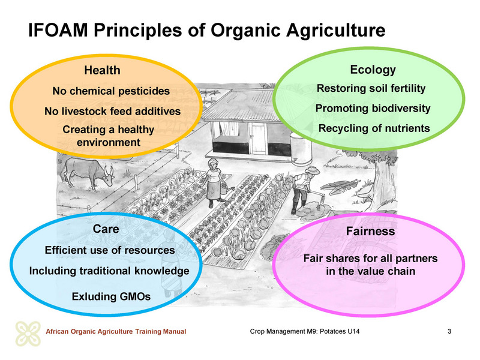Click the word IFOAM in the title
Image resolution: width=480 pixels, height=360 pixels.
(58, 30)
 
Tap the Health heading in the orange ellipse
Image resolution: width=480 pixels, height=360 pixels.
(102, 70)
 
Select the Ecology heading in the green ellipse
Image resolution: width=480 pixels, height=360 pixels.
(373, 70)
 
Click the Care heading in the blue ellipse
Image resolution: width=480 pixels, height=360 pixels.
(106, 229)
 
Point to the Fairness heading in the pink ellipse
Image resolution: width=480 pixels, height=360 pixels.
(370, 231)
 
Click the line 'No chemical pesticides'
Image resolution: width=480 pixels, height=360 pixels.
(111, 91)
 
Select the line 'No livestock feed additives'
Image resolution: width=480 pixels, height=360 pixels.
(112, 111)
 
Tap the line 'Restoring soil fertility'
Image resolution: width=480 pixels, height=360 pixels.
(371, 88)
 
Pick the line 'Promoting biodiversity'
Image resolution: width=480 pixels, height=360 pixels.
(373, 109)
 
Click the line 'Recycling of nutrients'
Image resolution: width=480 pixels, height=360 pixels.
(374, 128)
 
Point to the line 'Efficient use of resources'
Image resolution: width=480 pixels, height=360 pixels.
(110, 250)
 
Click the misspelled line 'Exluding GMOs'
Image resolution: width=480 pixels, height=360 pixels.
(111, 296)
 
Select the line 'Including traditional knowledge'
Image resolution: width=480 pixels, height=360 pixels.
(109, 271)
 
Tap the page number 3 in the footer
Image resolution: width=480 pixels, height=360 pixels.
(449, 331)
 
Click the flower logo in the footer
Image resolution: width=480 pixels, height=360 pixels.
(28, 334)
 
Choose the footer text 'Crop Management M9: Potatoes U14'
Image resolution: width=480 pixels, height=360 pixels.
(305, 331)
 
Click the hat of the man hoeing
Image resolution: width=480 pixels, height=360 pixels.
(312, 170)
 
